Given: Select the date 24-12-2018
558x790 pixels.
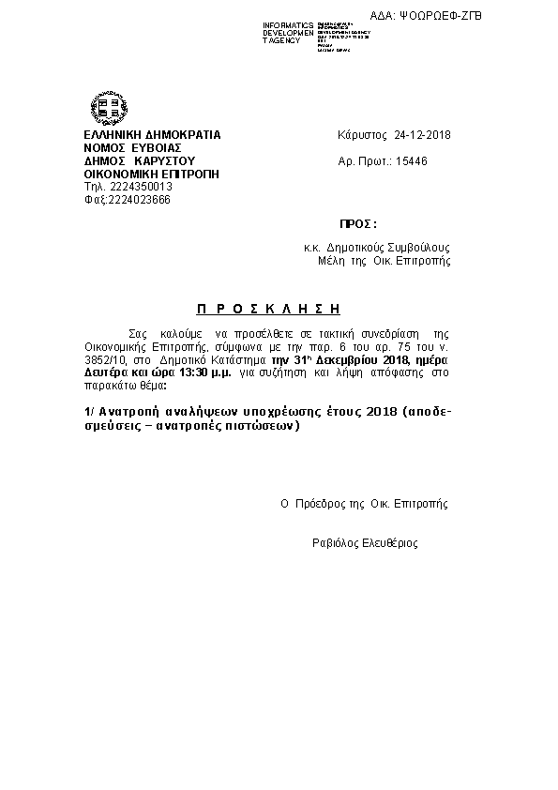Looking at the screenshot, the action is tap(423, 135).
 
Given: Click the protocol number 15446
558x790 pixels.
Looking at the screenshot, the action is tap(412, 161).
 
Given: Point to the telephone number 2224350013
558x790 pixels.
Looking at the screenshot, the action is tap(125, 187).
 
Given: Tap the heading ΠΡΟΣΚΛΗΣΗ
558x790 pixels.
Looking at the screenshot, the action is tap(268, 308).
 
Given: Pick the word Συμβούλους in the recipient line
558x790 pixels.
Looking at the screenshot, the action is tap(420, 248).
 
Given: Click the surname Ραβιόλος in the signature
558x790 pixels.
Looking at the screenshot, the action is tap(333, 543).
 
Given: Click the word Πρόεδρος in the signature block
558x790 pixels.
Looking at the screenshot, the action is tap(321, 504).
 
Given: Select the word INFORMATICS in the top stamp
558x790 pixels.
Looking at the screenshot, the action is tap(289, 24).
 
